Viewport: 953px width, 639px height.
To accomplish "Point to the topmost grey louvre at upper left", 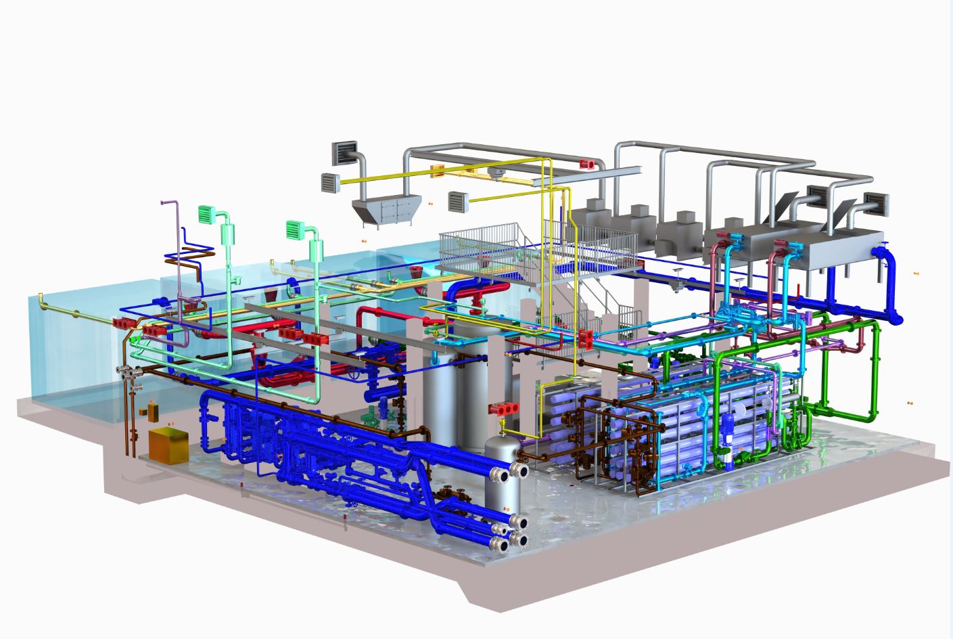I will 345,152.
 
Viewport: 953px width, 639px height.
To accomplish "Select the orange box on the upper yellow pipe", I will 438,171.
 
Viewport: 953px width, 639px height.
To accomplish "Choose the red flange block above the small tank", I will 503,408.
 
